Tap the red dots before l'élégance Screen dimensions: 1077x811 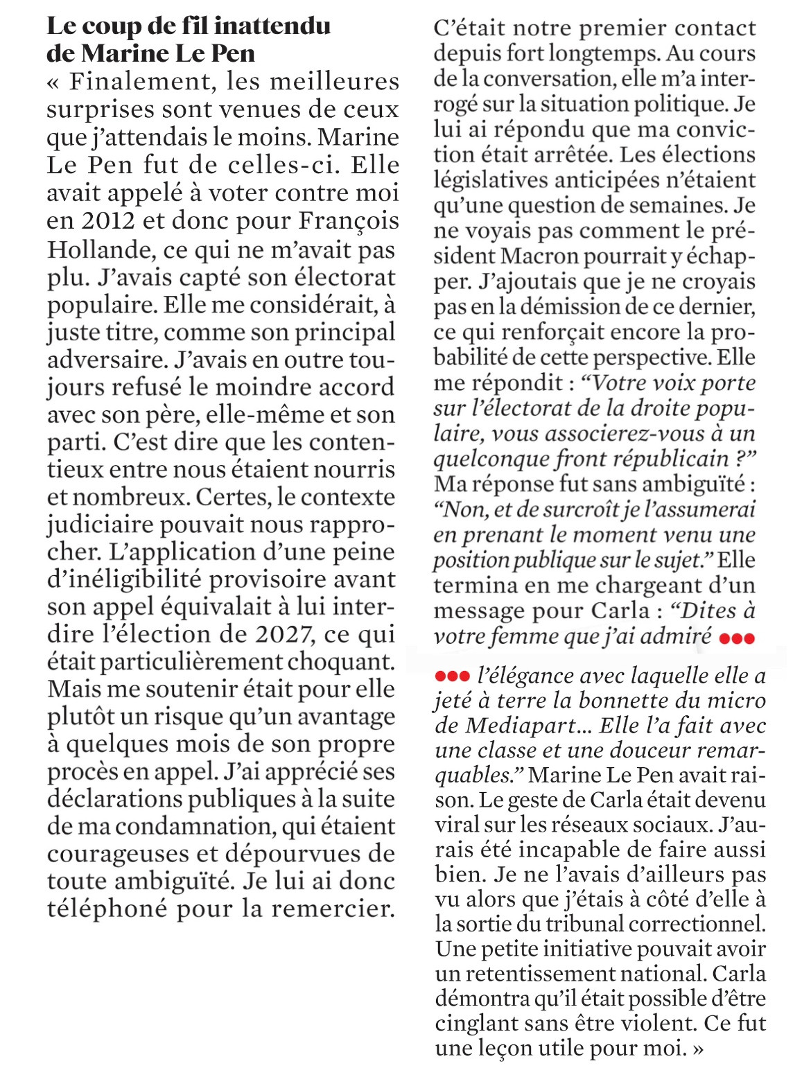[x=453, y=676]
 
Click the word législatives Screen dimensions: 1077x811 [x=495, y=180]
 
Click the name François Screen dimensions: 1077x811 [x=349, y=221]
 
